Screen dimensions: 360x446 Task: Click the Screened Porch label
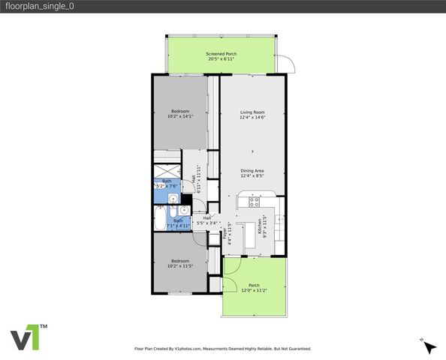click(220, 54)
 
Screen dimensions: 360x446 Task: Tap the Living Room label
click(252, 112)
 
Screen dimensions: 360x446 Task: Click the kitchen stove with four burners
click(254, 201)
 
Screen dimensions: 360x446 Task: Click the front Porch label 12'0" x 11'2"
click(255, 286)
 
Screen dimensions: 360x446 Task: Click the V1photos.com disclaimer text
click(222, 349)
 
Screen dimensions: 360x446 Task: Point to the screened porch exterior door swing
click(288, 66)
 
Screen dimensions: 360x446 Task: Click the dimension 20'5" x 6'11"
click(220, 58)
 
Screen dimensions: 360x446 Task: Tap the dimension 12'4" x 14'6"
click(252, 116)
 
